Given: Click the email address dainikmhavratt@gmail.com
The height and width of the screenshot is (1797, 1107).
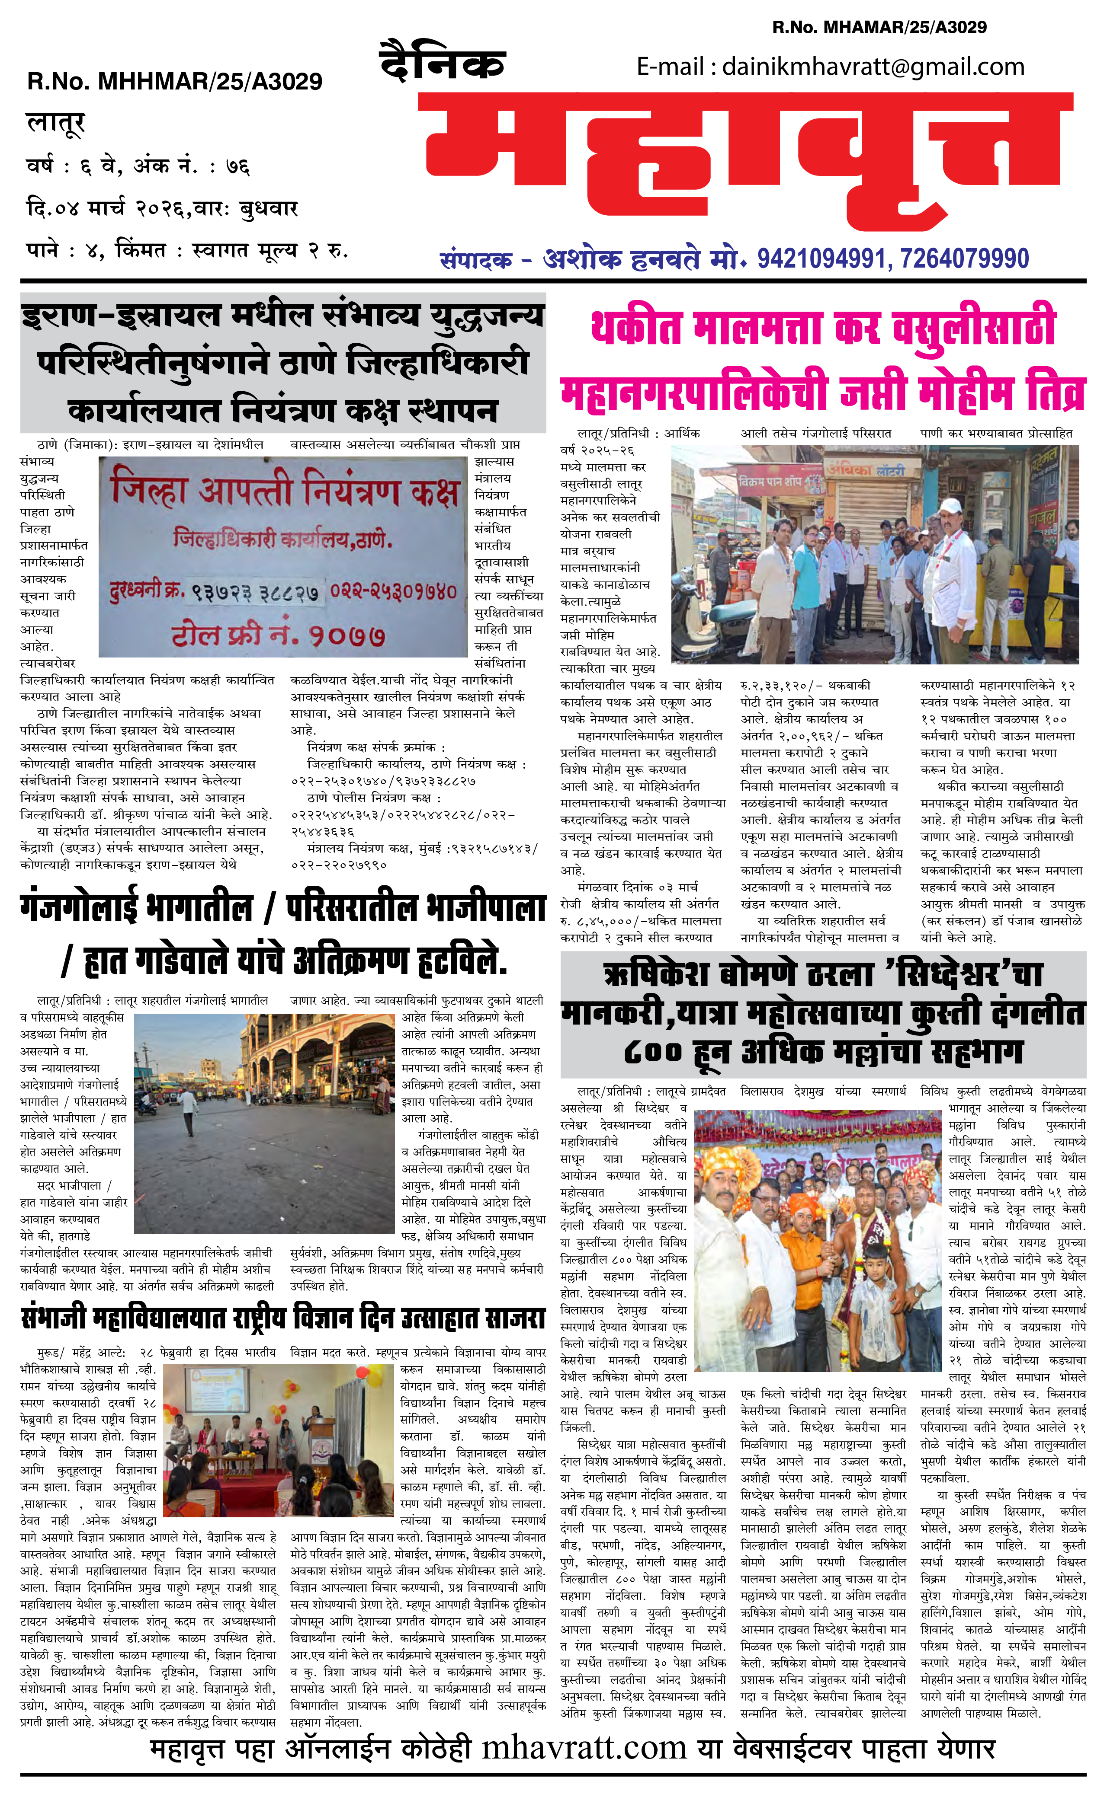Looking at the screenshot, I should pos(873,67).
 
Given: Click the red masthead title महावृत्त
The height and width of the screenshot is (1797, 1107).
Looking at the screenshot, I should pos(747,165).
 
